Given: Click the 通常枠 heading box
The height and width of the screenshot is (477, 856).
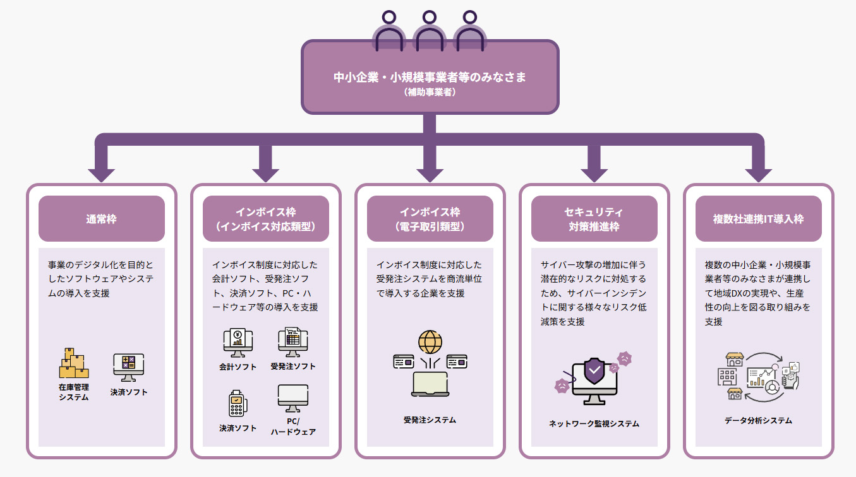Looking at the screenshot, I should (x=101, y=219).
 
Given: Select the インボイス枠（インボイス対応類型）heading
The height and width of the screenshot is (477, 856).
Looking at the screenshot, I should (x=265, y=219).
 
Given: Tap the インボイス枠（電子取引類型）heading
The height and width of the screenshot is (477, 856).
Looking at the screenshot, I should (x=430, y=219).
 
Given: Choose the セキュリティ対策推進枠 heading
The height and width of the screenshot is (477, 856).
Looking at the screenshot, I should (x=594, y=219).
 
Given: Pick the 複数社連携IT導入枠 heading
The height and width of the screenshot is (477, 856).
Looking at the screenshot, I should (x=758, y=219).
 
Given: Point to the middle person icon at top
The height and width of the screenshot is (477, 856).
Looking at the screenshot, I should (x=429, y=32).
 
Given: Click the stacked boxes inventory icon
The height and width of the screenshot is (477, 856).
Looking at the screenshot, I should (x=73, y=363).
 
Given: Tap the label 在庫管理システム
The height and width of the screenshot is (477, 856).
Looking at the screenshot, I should (x=74, y=392).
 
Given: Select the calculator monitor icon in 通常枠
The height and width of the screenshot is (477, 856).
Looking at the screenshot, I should (x=128, y=367).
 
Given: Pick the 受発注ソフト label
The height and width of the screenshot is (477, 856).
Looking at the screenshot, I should (x=292, y=366).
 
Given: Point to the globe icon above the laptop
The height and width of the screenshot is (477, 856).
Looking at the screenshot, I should (x=430, y=341).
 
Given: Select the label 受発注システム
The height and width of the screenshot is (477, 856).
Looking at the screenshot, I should (x=430, y=420).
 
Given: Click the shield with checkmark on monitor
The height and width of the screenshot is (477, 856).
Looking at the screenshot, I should (x=594, y=372).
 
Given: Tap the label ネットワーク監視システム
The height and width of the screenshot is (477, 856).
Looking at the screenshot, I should (x=594, y=423).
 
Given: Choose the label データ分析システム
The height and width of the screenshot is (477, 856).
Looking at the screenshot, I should (x=758, y=420).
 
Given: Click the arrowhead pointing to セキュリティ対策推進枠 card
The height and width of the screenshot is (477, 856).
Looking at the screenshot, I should (x=594, y=173).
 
